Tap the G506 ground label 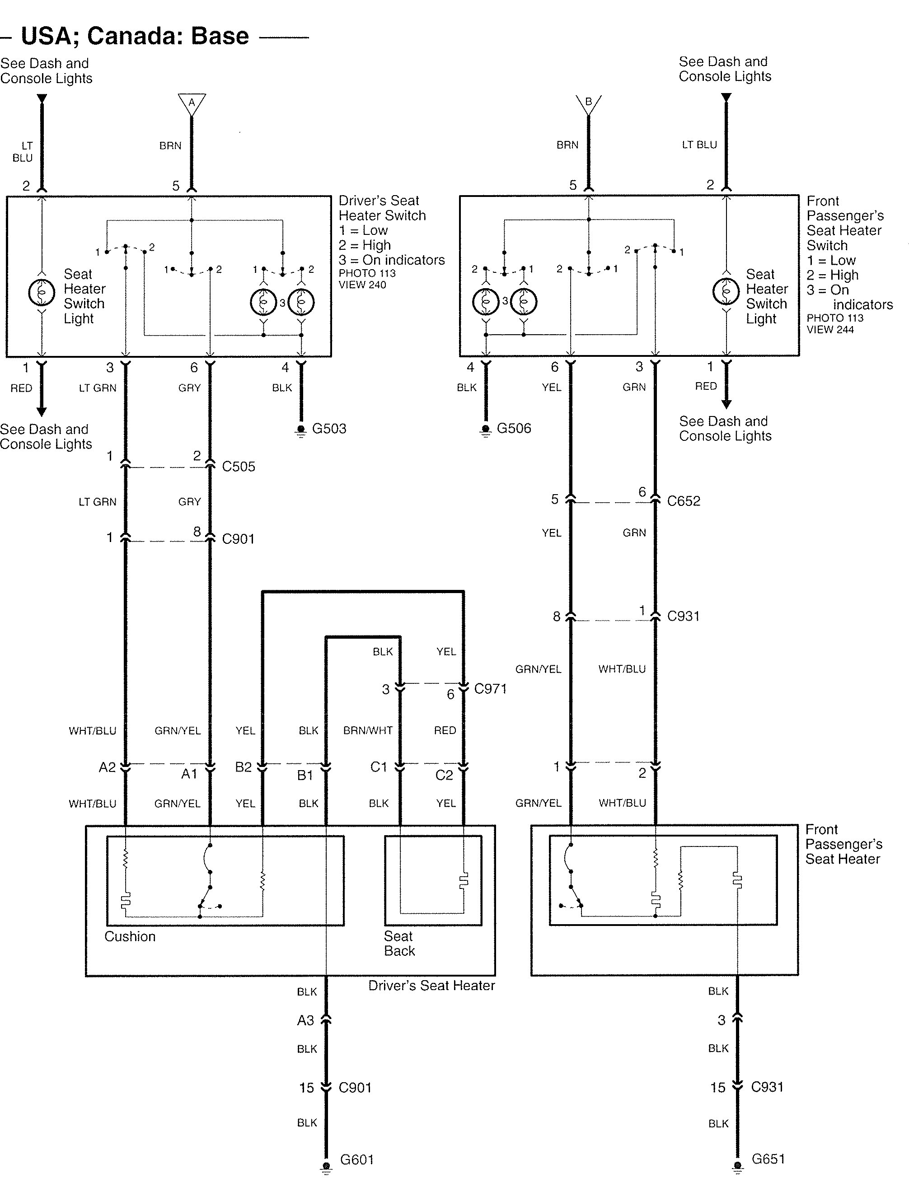click(514, 428)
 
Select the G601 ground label click(356, 1159)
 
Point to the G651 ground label click(768, 1159)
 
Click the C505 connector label click(239, 466)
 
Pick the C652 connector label click(684, 501)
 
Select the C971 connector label click(490, 688)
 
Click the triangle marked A click(192, 103)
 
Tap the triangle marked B click(589, 103)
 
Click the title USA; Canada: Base click(135, 36)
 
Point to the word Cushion click(130, 936)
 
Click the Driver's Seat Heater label click(431, 986)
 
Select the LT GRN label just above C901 click(98, 501)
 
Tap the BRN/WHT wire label click(368, 730)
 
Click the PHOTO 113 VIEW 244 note click(835, 323)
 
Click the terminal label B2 click(244, 767)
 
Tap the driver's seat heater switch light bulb click(42, 293)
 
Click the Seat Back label click(399, 943)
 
